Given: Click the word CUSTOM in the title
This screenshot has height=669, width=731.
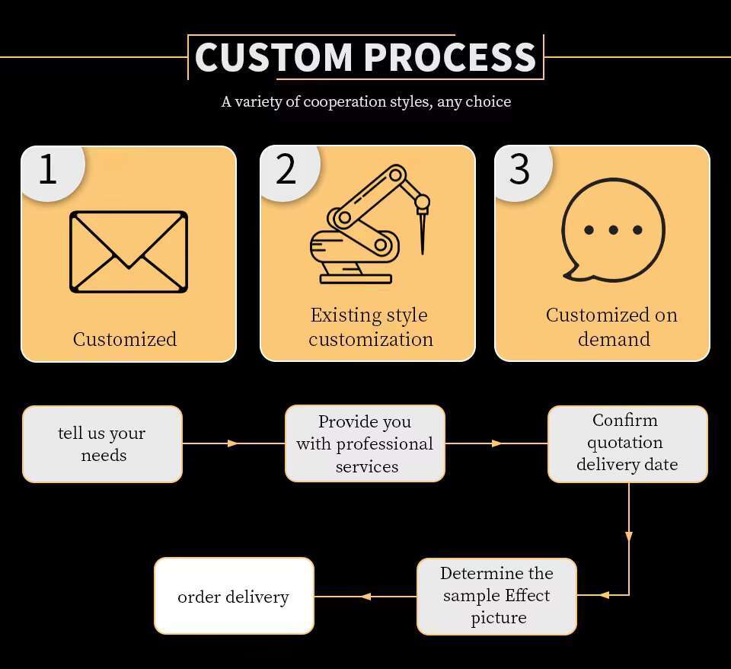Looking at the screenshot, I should coord(273,57).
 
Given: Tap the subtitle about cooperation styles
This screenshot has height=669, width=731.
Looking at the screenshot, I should coord(365,101).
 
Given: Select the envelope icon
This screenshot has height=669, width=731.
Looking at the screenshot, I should coord(129,251).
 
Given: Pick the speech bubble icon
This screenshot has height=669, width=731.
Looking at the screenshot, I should coord(612,229).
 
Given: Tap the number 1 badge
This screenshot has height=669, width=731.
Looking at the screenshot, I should coord(48,169).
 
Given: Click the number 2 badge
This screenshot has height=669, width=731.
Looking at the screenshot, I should coord(286,169).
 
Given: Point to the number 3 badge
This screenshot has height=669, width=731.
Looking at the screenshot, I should coord(519,169).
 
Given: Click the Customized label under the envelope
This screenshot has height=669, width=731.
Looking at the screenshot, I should coord(125,339).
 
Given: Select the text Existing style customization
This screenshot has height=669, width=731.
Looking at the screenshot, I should coord(370,327).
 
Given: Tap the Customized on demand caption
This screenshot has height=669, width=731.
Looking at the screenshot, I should coord(612,327).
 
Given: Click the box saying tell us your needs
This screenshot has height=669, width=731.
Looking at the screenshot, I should coord(102,444).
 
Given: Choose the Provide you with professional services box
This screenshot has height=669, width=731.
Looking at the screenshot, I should coord(365,443).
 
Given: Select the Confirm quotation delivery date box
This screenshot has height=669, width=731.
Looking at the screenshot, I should coord(627,443).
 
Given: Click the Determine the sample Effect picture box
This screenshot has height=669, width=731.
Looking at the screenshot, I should coord(496,595).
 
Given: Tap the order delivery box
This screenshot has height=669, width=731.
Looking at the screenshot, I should coord(234,596).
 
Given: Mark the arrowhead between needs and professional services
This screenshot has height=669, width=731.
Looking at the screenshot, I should coord(233,443).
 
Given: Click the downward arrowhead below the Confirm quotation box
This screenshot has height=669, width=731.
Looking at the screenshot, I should coord(629,536).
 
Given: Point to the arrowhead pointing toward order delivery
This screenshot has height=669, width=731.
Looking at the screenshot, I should coord(365,596).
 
